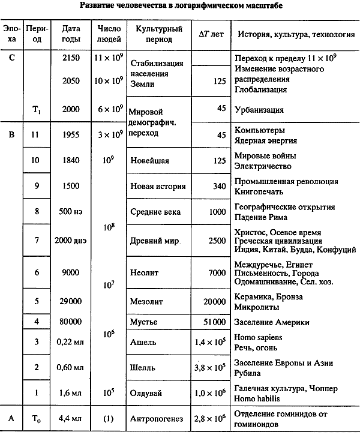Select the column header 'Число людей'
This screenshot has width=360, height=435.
click(x=109, y=34)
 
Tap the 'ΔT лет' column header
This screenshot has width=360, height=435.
click(x=210, y=34)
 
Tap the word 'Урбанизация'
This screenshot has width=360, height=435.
click(x=259, y=110)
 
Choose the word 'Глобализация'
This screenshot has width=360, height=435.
click(x=260, y=89)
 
